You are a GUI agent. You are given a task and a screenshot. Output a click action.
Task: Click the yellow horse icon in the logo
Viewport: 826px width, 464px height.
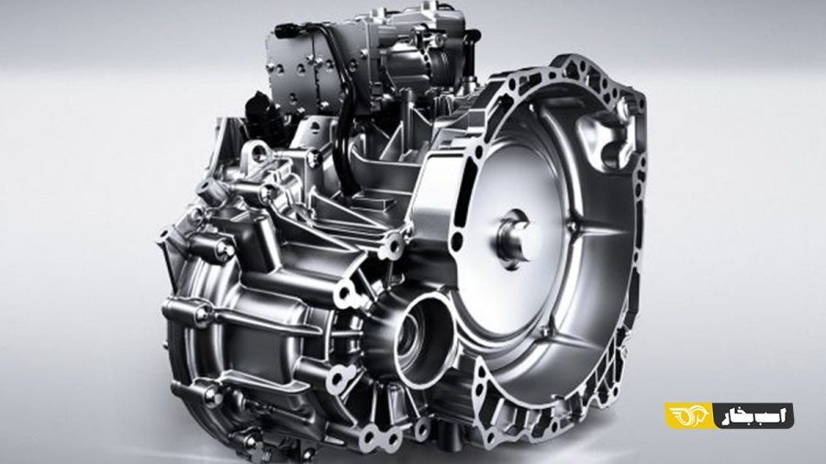[689, 415]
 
